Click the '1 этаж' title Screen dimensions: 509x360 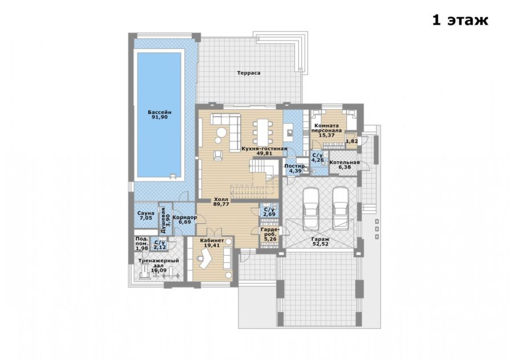(x=460, y=20)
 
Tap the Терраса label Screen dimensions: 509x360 (x=249, y=73)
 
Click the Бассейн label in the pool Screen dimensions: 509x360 (x=160, y=112)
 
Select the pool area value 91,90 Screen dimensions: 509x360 (x=160, y=117)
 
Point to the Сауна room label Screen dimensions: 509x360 (x=146, y=213)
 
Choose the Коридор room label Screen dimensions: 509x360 (x=185, y=217)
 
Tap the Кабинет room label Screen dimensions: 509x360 (x=212, y=241)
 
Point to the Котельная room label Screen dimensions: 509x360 (x=345, y=162)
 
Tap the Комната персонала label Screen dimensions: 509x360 (x=326, y=128)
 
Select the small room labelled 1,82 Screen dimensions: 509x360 (x=352, y=141)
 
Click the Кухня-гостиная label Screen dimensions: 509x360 (x=264, y=149)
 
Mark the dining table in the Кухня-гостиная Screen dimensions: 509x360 (x=263, y=131)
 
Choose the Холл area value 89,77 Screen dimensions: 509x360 (x=221, y=204)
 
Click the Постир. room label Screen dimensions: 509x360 (x=296, y=166)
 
